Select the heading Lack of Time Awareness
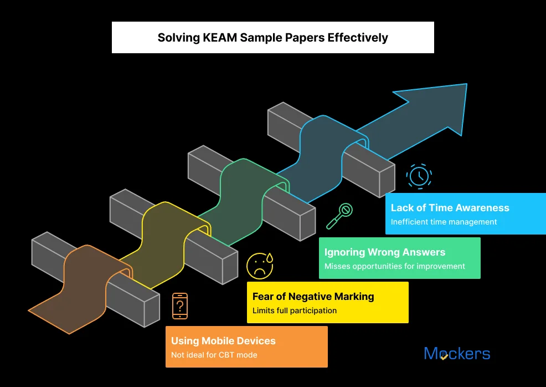[x=450, y=208]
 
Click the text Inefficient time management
[x=444, y=222]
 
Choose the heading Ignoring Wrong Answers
[x=385, y=252]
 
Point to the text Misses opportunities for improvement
[x=394, y=266]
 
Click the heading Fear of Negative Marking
[x=313, y=297]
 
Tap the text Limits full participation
[x=294, y=310]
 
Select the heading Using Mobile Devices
[x=223, y=341]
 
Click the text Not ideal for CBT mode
[x=214, y=355]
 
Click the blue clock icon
[x=419, y=176]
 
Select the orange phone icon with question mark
[x=179, y=306]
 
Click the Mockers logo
[x=457, y=354]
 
